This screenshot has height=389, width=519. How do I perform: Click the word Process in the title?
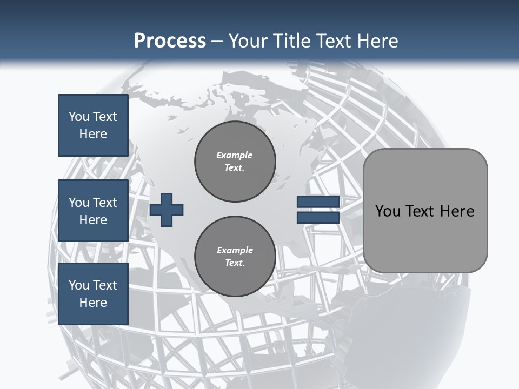pos(170,41)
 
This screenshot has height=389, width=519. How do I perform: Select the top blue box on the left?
pos(93,125)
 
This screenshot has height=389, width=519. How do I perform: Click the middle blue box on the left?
pos(93,211)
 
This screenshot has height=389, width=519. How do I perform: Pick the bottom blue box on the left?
pos(93,293)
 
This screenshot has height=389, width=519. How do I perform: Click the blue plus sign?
pos(167,210)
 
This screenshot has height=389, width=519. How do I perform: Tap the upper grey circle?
pos(235,162)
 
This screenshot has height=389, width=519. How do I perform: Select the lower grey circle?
pos(235,257)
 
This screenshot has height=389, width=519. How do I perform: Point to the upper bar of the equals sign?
pos(318,202)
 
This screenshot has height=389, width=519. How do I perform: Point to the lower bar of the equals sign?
pos(318,217)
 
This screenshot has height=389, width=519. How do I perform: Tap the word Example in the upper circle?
pos(235,155)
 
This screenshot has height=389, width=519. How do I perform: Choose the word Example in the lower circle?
pos(235,250)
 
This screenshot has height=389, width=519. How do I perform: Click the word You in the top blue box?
pos(78,117)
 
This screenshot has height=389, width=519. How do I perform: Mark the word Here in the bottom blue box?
pos(93,303)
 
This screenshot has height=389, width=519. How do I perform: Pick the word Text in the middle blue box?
pos(105,203)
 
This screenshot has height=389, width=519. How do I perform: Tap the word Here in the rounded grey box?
pos(457,211)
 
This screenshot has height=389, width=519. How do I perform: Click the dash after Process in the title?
pos(217,41)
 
